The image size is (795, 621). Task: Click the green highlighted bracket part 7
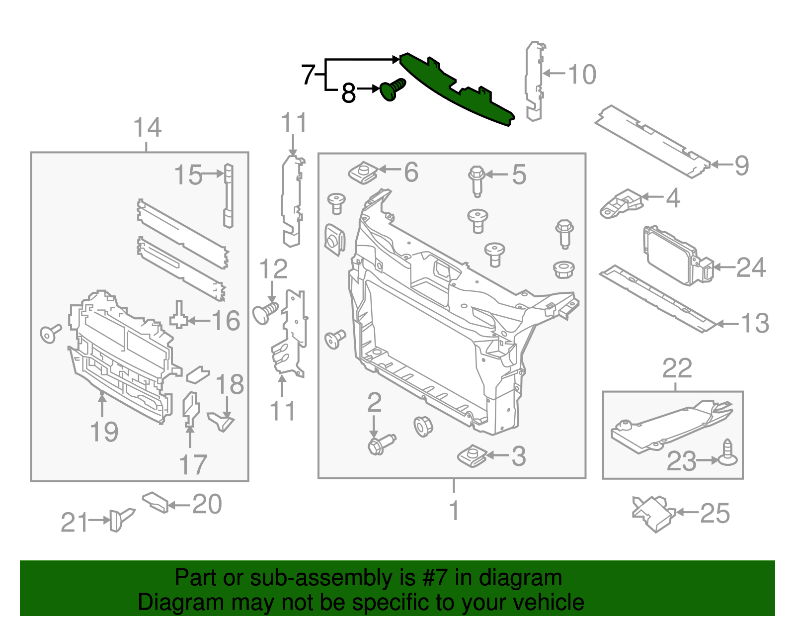coord(457,92)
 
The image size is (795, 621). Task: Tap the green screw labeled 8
coord(392,90)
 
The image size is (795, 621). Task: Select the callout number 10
coord(582,75)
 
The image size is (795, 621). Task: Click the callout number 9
coord(741,166)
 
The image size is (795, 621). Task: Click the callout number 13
coord(755,324)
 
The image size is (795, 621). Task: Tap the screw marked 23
coord(727,454)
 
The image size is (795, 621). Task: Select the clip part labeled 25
coord(653,513)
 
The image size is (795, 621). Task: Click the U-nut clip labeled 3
coord(471,455)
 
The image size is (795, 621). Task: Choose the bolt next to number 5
coord(477,180)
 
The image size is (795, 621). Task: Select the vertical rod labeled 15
coord(228,195)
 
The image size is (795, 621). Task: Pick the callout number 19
coord(104,432)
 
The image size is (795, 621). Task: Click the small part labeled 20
coord(156,502)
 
